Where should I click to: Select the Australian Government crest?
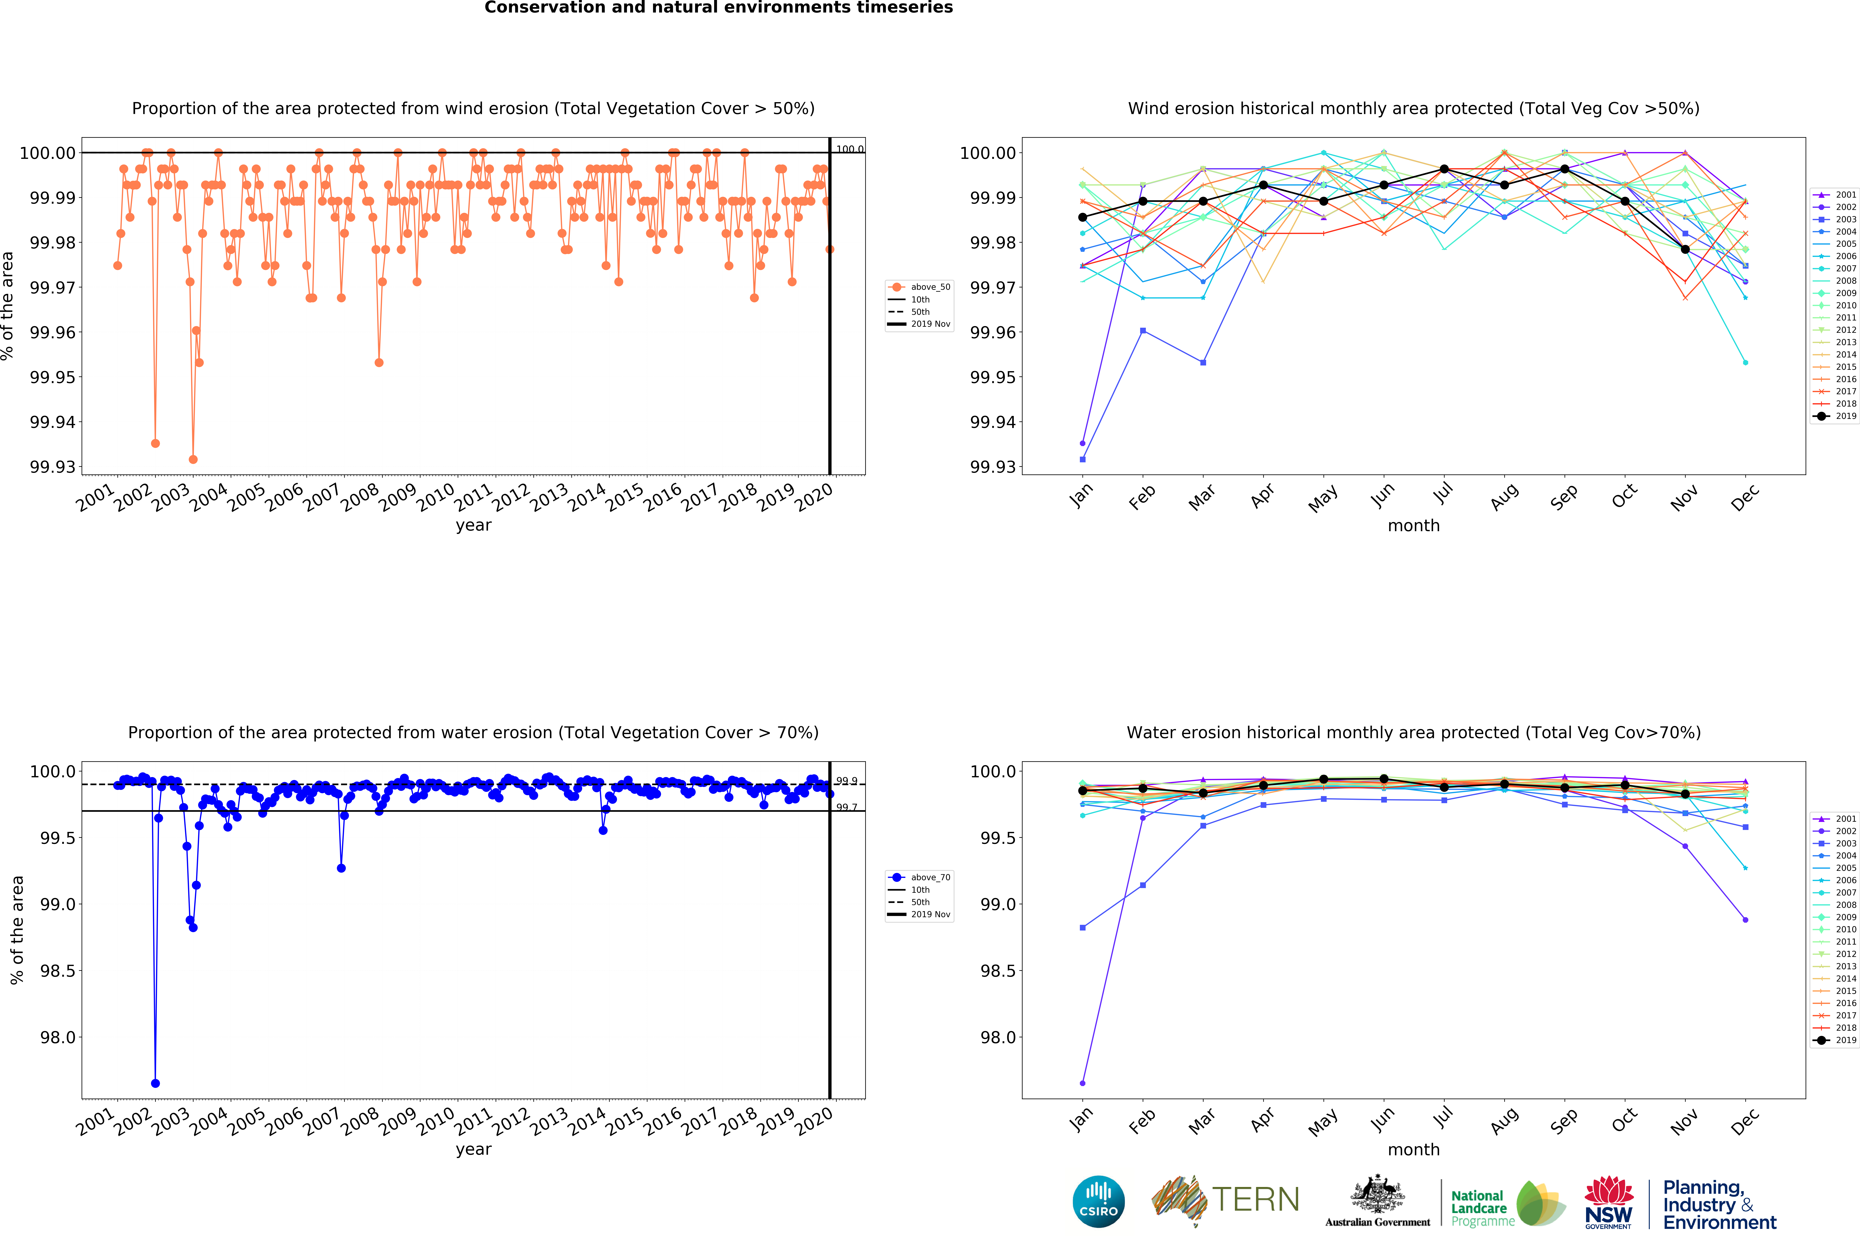(1377, 1194)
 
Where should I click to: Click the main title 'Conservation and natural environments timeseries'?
(718, 8)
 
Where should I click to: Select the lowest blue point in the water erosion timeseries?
(156, 1083)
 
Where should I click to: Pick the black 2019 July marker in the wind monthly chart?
(1444, 169)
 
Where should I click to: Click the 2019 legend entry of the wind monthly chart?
(1838, 416)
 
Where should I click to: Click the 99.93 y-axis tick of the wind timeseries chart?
(53, 467)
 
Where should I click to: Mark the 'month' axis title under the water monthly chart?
(1413, 1150)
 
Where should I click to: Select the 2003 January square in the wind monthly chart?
(1083, 459)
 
